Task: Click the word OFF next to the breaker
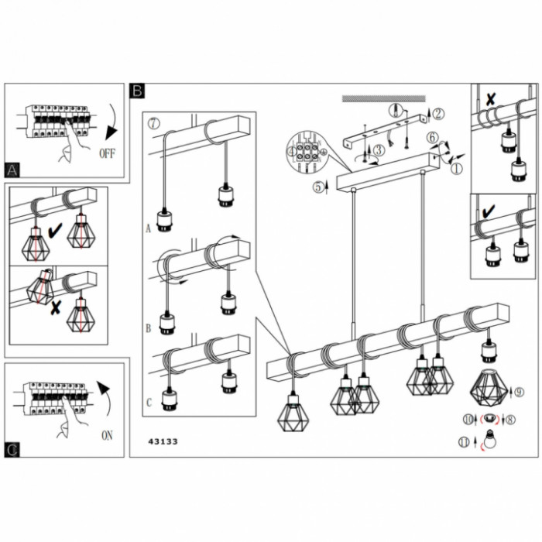[108, 153]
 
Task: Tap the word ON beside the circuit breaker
[107, 435]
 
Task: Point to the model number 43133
[163, 441]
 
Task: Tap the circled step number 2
[438, 114]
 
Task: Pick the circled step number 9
[520, 393]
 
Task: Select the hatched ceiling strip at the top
[384, 98]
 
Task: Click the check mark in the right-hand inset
[489, 209]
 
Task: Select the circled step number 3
[379, 149]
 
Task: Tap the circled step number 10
[468, 419]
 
